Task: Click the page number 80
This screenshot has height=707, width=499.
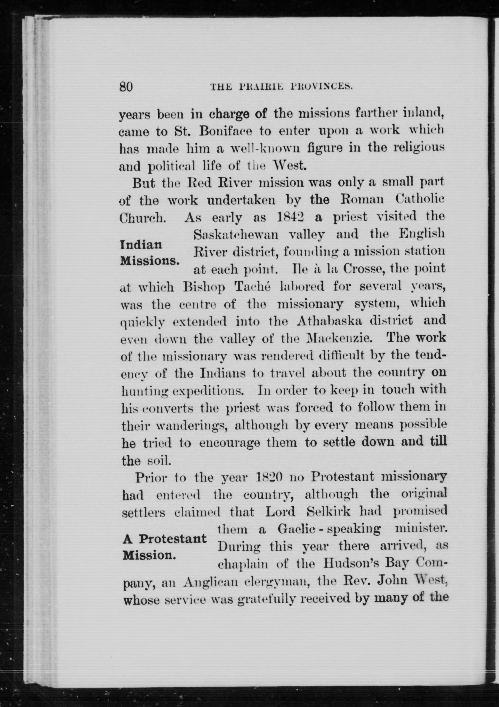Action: point(126,87)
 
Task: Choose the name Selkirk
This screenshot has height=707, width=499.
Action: point(329,512)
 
